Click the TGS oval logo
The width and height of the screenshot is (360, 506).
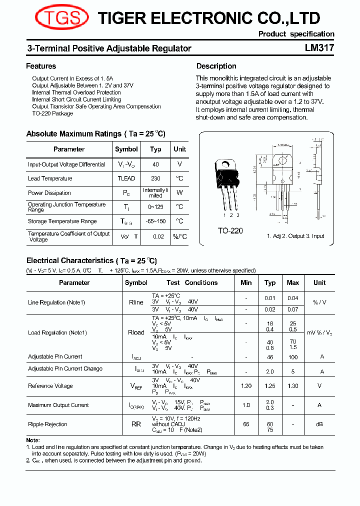point(61,18)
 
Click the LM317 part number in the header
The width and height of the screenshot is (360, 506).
point(319,48)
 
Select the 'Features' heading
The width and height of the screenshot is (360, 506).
point(41,66)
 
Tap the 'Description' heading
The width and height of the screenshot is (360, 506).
point(216,66)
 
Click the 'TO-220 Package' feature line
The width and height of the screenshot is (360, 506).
point(52,113)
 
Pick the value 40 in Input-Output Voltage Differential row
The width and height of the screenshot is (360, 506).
point(155,164)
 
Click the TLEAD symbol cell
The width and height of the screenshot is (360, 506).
point(126,178)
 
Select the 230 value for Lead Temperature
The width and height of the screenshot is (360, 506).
point(155,178)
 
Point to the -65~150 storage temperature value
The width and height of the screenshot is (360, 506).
point(155,221)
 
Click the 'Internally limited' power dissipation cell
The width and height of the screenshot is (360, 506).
point(155,193)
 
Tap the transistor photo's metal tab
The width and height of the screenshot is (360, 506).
point(226,164)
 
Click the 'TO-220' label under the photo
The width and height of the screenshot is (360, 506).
point(230,230)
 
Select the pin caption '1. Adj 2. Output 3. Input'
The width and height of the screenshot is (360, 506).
point(295,236)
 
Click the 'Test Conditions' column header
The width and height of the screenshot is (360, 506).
point(192,282)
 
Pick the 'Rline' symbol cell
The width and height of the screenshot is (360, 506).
point(136,302)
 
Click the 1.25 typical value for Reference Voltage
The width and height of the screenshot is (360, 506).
point(270,386)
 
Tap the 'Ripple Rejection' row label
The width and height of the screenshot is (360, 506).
point(47,424)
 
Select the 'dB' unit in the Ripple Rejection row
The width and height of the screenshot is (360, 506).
point(319,424)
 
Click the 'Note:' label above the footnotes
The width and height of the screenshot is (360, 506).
point(33,440)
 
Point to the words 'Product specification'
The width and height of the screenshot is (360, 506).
point(296,34)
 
